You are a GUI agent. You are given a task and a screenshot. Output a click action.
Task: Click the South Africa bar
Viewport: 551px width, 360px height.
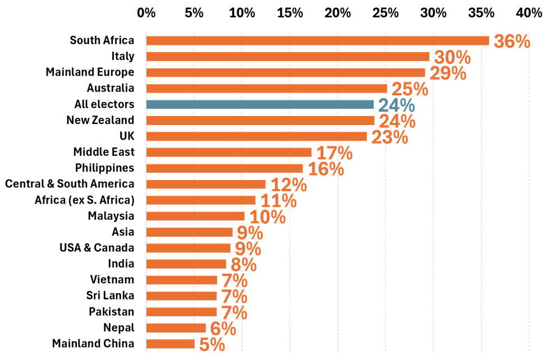318,41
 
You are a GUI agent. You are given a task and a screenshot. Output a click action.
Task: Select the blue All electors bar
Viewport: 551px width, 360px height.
260,104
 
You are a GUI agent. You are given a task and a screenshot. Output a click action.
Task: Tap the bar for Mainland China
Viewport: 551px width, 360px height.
171,344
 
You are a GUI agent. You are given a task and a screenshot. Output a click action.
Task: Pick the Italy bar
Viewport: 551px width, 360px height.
288,57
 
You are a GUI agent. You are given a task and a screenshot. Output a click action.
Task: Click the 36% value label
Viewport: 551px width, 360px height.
512,41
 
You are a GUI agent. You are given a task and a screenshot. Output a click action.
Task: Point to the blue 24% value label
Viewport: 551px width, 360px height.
396,105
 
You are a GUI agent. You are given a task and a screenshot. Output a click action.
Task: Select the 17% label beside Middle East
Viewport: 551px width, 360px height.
334,153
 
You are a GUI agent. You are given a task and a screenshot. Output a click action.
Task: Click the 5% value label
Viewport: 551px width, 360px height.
212,344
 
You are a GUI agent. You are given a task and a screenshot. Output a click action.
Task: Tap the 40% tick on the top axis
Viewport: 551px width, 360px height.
529,13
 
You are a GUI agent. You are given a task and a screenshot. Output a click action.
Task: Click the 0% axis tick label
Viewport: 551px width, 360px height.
146,13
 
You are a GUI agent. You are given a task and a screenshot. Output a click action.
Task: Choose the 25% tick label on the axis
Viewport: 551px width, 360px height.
385,13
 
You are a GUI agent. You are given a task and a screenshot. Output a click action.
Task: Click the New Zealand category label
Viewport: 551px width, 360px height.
100,120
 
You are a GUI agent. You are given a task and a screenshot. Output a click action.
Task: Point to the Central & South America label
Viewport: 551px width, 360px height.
70,184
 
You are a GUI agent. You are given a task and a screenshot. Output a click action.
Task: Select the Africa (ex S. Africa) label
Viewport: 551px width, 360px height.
84,200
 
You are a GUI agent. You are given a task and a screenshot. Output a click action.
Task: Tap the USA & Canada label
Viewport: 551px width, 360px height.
97,248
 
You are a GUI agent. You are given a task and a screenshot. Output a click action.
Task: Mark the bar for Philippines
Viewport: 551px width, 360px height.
224,168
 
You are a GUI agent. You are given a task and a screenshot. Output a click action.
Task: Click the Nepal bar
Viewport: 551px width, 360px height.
176,327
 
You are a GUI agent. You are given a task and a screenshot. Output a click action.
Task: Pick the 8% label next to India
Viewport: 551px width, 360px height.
244,265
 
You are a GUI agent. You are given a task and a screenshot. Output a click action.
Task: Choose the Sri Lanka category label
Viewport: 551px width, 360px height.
110,296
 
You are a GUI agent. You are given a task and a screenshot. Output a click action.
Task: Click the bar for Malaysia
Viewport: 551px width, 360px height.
195,216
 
